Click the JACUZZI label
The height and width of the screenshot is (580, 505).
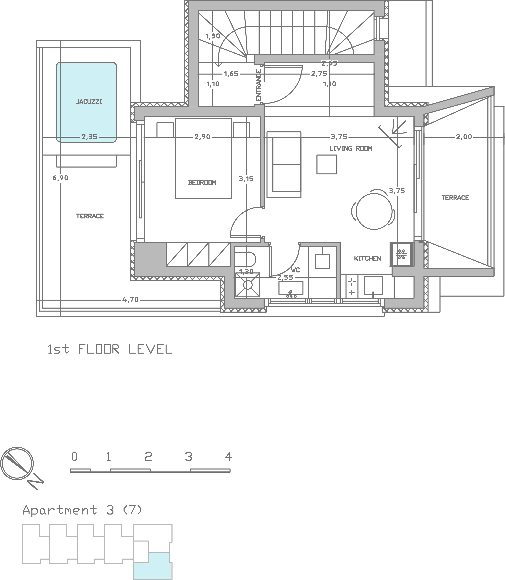coord(88,102)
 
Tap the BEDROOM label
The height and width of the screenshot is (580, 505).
coord(202,183)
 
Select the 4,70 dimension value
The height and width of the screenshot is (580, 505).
coord(131,300)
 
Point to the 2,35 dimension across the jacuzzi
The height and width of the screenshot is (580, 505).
coord(89,137)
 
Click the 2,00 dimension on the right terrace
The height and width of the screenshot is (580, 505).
coord(464,137)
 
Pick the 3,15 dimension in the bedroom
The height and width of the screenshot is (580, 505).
coord(246,179)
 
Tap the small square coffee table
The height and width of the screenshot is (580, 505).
coord(327,164)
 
